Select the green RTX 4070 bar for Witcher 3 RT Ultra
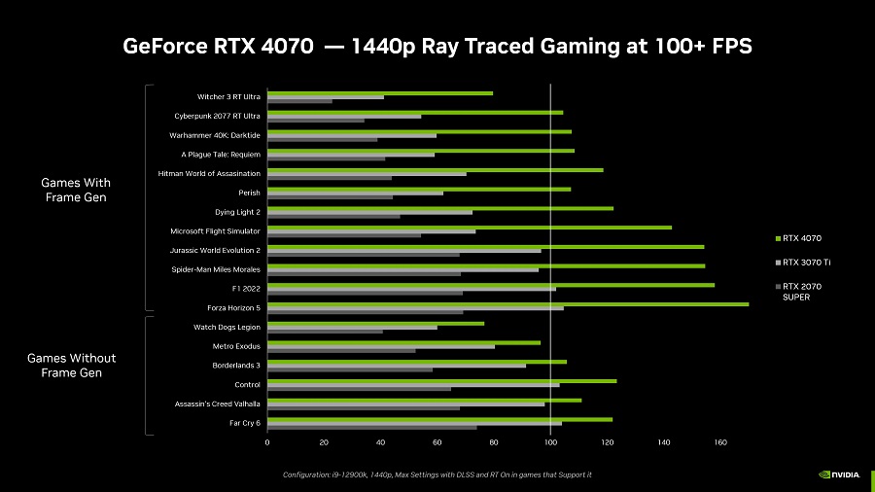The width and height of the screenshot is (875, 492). click(x=380, y=92)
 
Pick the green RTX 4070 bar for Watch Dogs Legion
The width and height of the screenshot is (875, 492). click(x=375, y=323)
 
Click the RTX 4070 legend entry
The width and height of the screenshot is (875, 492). click(x=803, y=238)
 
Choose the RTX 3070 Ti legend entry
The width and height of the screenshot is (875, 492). click(x=803, y=263)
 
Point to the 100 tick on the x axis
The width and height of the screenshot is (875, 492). click(x=551, y=442)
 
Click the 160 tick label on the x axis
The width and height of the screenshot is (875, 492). click(x=720, y=442)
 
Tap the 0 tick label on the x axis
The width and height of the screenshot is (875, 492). click(x=267, y=442)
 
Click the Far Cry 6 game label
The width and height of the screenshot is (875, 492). click(x=243, y=423)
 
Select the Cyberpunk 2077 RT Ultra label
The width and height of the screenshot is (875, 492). click(x=217, y=116)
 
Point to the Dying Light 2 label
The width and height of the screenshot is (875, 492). click(x=237, y=212)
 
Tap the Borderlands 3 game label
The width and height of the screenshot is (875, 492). click(x=236, y=366)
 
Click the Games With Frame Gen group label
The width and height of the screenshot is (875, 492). click(x=76, y=190)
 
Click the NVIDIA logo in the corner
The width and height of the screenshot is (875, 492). click(x=839, y=474)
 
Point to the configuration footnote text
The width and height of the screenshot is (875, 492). click(x=437, y=474)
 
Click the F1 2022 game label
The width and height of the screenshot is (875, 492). click(x=246, y=289)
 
